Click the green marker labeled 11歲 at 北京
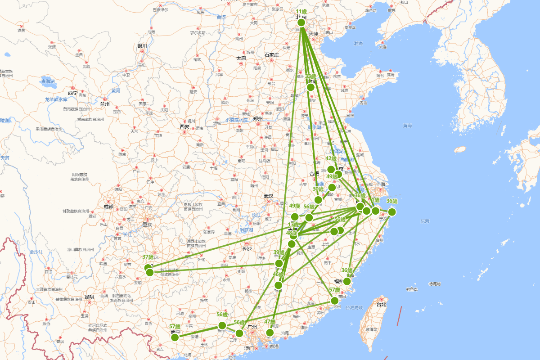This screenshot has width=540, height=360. tap(301, 22)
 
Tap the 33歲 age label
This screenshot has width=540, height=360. tap(310, 76)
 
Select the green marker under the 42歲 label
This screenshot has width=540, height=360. tap(331, 170)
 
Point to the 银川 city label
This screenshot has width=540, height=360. tap(142, 46)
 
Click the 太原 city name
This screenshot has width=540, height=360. tap(241, 58)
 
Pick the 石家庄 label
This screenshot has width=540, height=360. tap(272, 55)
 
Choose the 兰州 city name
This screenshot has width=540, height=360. tap(105, 103)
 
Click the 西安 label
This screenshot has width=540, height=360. tap(184, 127)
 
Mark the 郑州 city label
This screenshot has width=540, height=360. tap(257, 119)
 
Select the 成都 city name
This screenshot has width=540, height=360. tap(108, 207)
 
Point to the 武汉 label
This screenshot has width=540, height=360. tap(269, 196)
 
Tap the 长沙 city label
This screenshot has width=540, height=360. tap(247, 248)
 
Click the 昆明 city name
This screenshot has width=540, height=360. tap(89, 297)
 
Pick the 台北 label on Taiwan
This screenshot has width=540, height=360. tap(381, 304)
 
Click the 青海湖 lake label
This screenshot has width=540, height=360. tap(48, 81)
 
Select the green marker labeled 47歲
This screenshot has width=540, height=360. tap(270, 333)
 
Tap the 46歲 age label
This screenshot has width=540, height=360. tap(279, 274)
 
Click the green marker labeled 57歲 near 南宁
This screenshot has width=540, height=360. tap(175, 337)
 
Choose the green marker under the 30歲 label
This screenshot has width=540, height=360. tap(318, 200)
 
